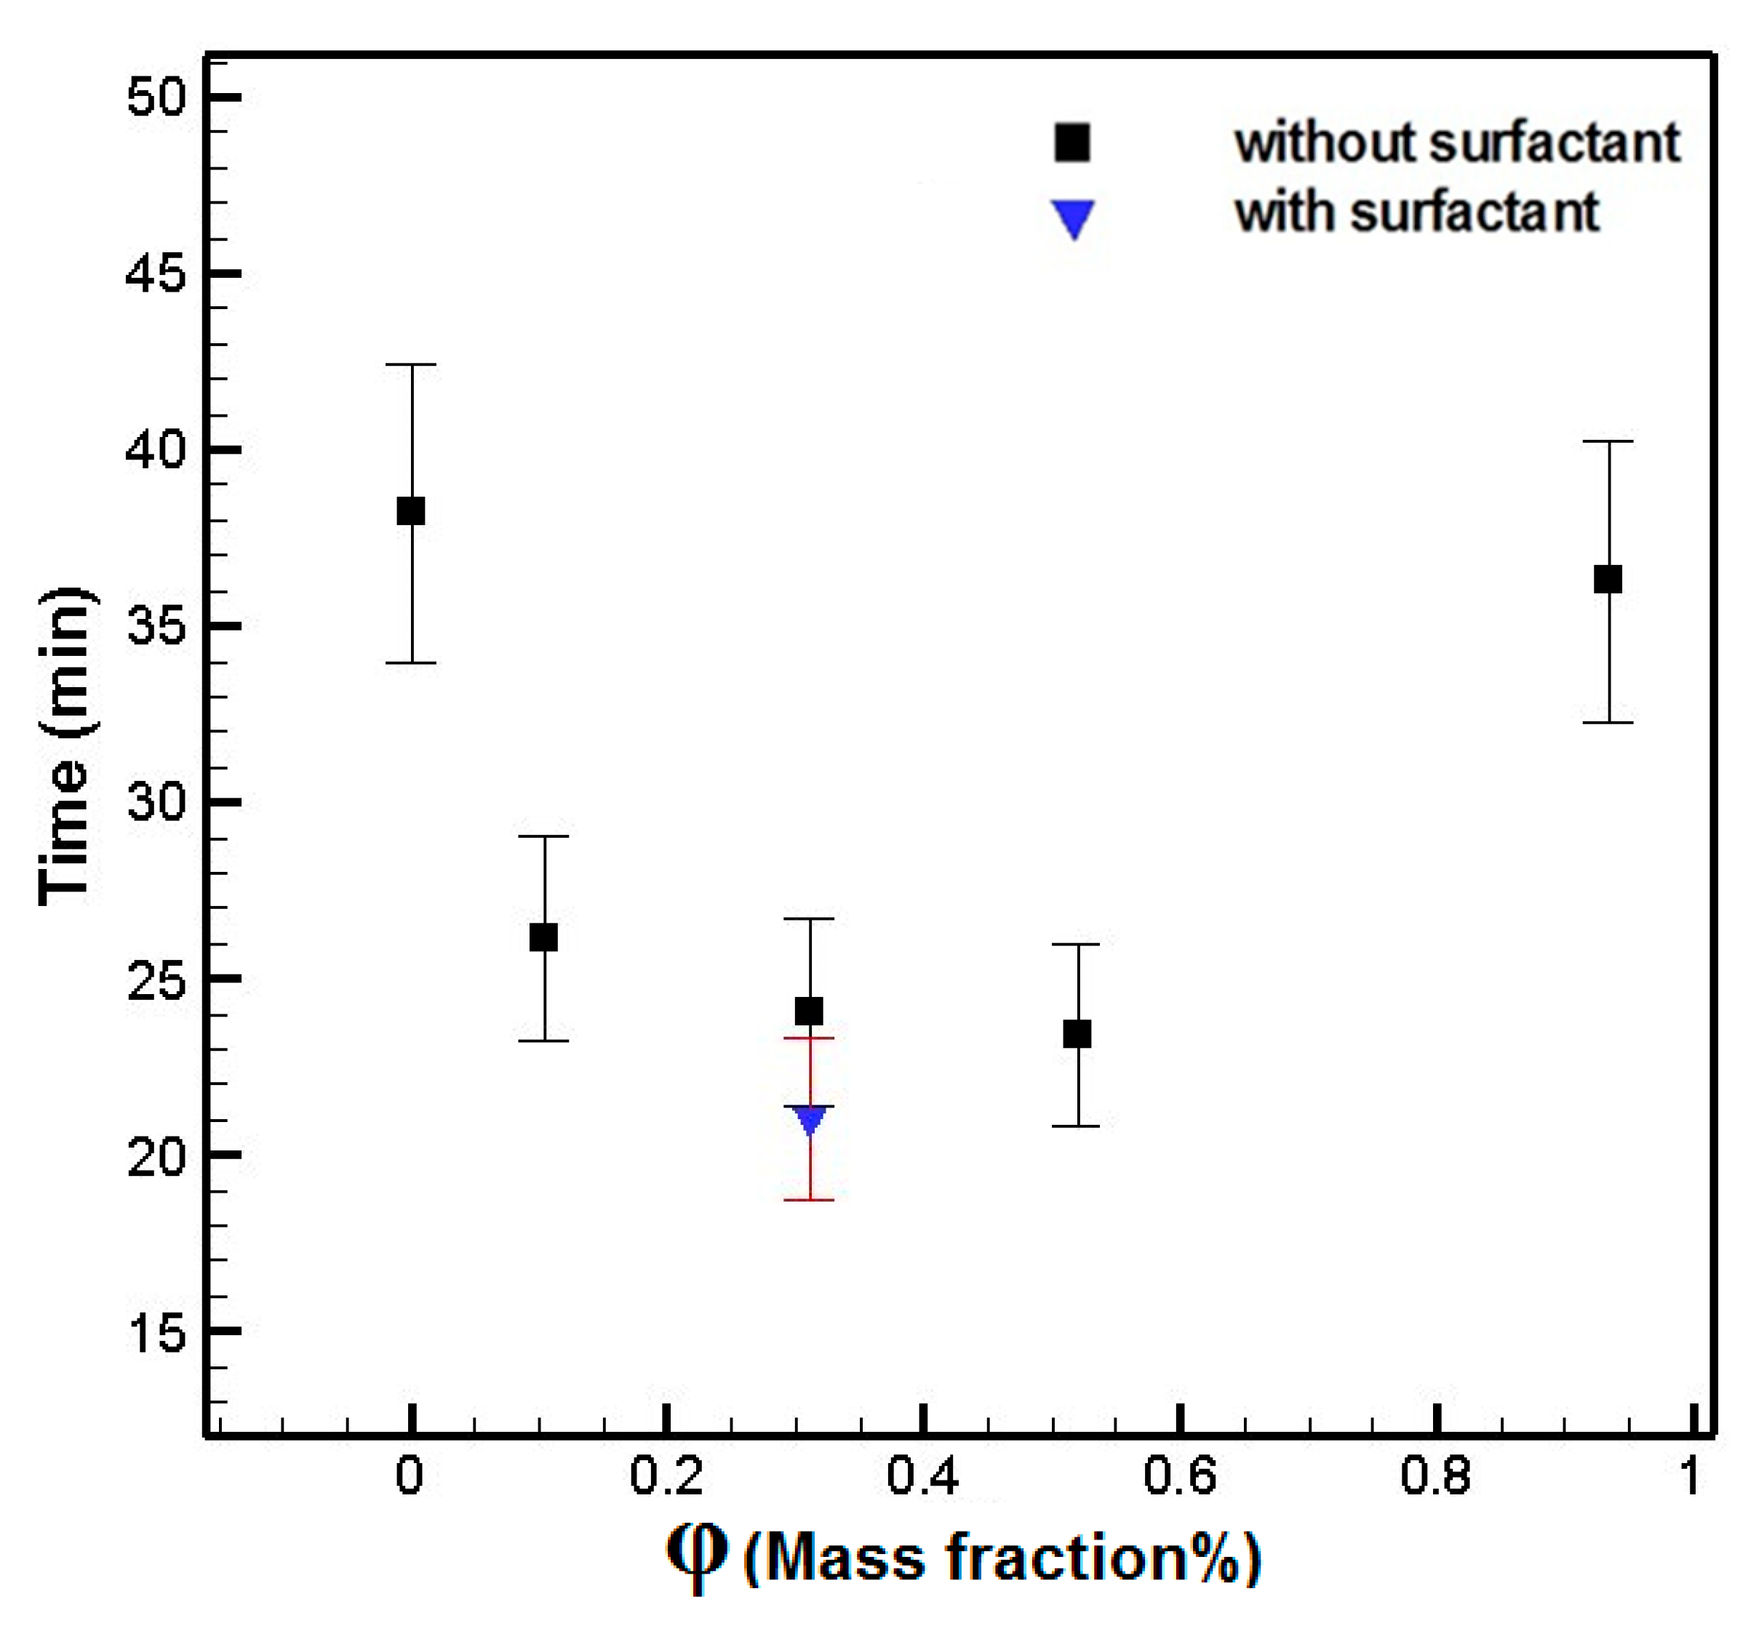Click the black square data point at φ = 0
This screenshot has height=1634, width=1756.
click(411, 510)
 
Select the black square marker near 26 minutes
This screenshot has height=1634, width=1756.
click(543, 937)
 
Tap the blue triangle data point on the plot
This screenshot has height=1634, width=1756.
click(810, 1120)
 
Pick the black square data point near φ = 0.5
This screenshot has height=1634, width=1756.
click(1077, 1033)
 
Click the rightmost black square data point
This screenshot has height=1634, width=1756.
click(1608, 580)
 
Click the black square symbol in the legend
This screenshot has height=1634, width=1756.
click(1072, 143)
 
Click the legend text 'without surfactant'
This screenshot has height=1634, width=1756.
click(1458, 143)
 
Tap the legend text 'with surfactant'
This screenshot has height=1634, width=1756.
click(1417, 212)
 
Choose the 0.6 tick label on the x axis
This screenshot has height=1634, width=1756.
click(1180, 1475)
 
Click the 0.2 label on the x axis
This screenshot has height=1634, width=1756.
click(666, 1475)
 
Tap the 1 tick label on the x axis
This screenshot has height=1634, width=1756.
click(1691, 1475)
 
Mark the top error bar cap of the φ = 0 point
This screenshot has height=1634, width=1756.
click(411, 364)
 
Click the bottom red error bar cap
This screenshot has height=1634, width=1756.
click(809, 1199)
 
